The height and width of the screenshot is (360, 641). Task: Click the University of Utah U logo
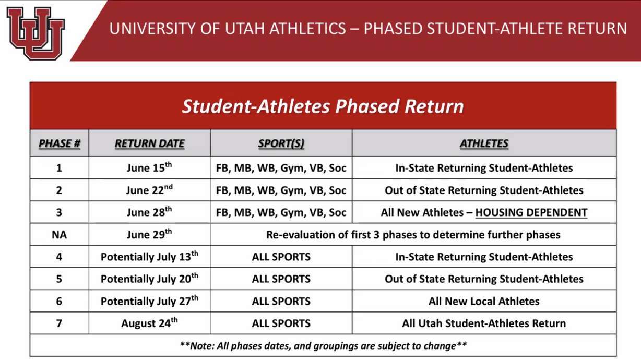(x=35, y=33)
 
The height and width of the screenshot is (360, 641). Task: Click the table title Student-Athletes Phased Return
(x=323, y=106)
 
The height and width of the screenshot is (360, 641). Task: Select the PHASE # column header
(x=59, y=143)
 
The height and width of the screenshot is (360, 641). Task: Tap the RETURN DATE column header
(x=149, y=143)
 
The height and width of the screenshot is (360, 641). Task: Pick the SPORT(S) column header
(x=281, y=143)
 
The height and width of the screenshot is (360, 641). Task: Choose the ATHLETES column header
(x=484, y=143)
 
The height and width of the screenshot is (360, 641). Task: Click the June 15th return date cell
(x=149, y=168)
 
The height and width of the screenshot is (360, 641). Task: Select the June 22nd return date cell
(x=149, y=190)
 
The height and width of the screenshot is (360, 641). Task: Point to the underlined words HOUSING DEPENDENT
(x=531, y=213)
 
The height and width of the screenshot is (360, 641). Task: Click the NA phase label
(x=59, y=235)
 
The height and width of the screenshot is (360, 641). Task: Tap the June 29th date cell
(x=149, y=234)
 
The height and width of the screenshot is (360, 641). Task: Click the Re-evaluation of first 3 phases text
(x=413, y=235)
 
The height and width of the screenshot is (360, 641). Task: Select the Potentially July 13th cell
(x=149, y=257)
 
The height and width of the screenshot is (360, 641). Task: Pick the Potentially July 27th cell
(x=149, y=301)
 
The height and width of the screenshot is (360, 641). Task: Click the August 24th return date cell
(x=149, y=323)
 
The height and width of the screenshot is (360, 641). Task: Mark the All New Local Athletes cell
(x=484, y=301)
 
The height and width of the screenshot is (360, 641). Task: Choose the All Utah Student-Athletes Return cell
(x=484, y=323)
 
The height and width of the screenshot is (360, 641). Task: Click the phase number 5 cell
(x=59, y=279)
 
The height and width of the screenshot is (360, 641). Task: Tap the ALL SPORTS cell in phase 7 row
(x=281, y=323)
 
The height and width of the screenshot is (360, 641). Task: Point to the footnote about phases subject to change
(x=323, y=345)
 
